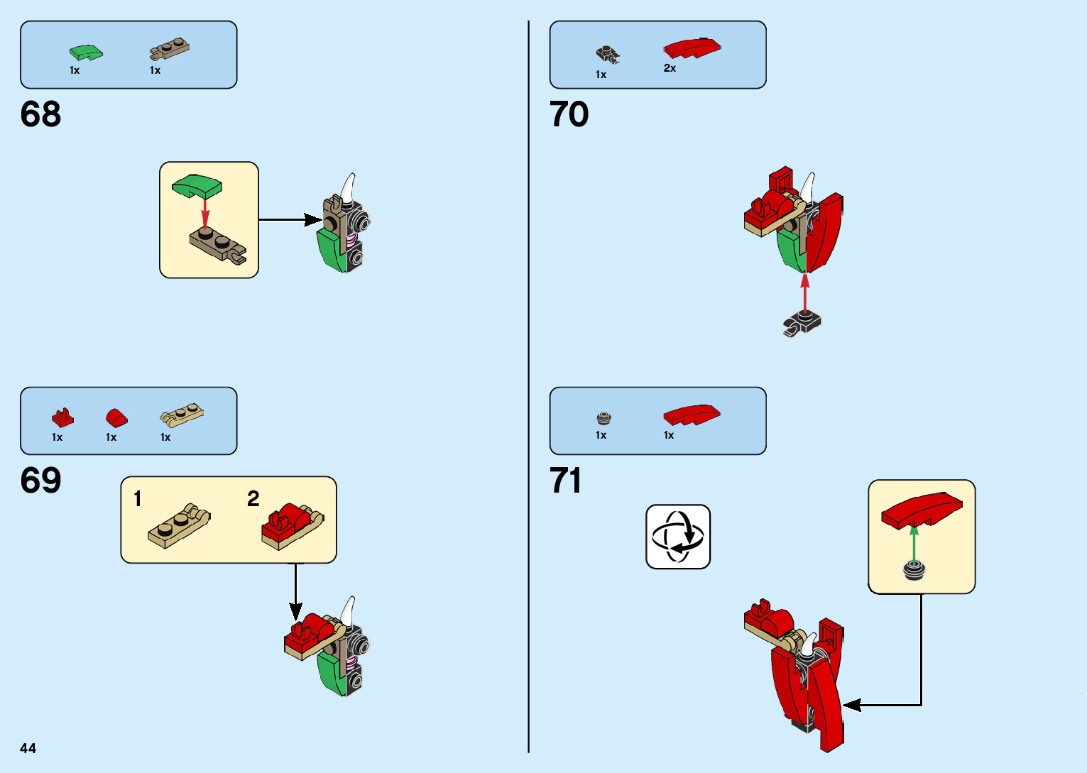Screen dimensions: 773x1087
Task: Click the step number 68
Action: (40, 114)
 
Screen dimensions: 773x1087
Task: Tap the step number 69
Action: (40, 481)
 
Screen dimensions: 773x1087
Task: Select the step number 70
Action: (569, 114)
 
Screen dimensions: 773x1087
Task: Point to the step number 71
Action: (565, 481)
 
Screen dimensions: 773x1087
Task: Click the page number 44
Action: (28, 748)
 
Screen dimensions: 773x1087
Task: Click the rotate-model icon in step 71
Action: (677, 537)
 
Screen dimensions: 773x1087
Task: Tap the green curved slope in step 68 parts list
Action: (85, 53)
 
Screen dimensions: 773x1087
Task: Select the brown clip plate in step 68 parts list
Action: (169, 50)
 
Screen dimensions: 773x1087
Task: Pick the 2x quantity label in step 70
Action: (670, 68)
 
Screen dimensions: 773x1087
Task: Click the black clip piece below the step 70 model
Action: (802, 324)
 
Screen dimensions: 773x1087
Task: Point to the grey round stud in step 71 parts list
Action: (603, 417)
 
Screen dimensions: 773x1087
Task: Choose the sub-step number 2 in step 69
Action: (253, 499)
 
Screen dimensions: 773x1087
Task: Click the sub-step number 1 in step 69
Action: (138, 499)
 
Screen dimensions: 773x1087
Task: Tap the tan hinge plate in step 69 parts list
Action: (182, 414)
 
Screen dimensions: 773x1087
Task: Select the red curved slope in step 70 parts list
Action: (692, 48)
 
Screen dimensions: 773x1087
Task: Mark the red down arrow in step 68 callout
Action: (205, 211)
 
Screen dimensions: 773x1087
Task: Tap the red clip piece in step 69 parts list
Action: (62, 417)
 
